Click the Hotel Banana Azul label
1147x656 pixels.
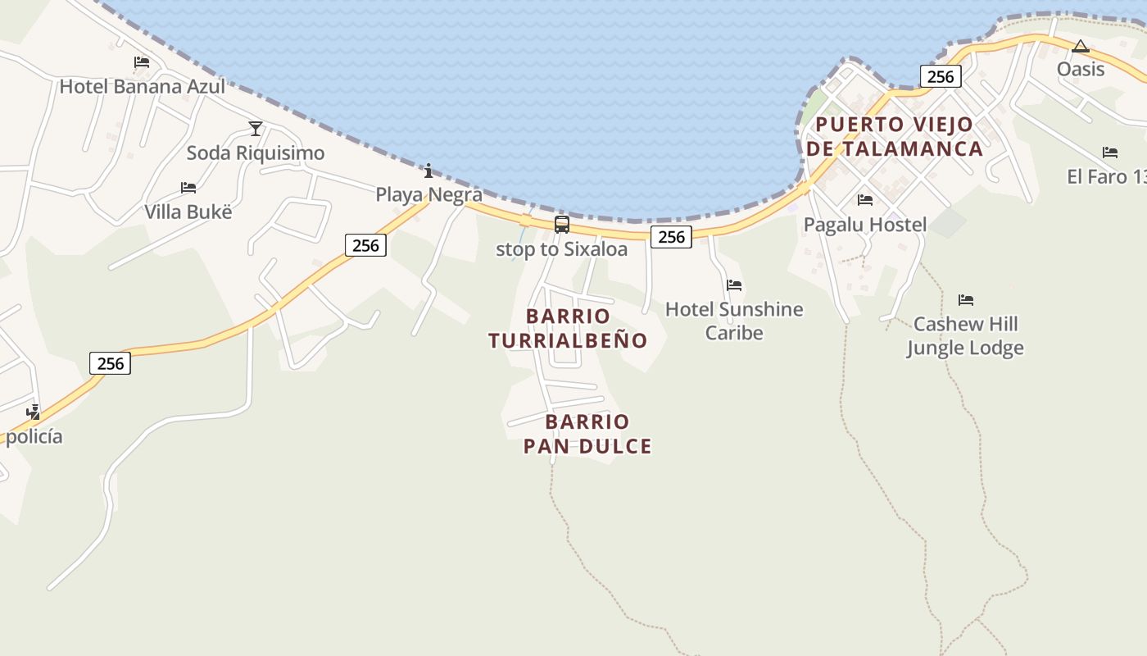pos(142,86)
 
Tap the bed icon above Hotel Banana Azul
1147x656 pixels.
pos(142,61)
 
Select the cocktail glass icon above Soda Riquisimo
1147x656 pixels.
pos(256,128)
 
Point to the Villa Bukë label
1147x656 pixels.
pos(188,212)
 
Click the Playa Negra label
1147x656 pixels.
pos(428,194)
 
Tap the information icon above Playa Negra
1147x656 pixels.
pos(428,171)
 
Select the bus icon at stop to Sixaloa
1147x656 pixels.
pos(562,224)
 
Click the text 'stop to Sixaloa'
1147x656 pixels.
pos(562,249)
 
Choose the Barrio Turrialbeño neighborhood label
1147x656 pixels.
pos(568,328)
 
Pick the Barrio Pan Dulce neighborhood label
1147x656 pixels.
pos(587,434)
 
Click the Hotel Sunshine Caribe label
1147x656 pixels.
pos(734,321)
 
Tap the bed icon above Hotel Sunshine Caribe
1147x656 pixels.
pos(734,285)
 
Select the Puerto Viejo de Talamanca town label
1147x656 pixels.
pos(894,136)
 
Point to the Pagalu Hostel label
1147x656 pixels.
pos(865,225)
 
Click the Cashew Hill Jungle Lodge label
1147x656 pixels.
pos(965,335)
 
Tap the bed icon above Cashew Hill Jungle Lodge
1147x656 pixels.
pos(966,300)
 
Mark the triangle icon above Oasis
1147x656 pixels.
pos(1081,46)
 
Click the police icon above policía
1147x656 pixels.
pos(34,412)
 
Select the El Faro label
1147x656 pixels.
pos(1105,176)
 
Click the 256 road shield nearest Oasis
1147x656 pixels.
pos(940,76)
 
